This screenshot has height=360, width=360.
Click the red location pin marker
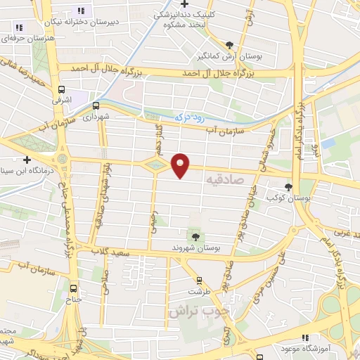point(181,165)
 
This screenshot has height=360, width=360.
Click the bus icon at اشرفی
point(62,90)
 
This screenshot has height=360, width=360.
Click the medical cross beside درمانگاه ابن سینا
point(27,160)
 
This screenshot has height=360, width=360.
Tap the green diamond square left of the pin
point(155,165)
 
